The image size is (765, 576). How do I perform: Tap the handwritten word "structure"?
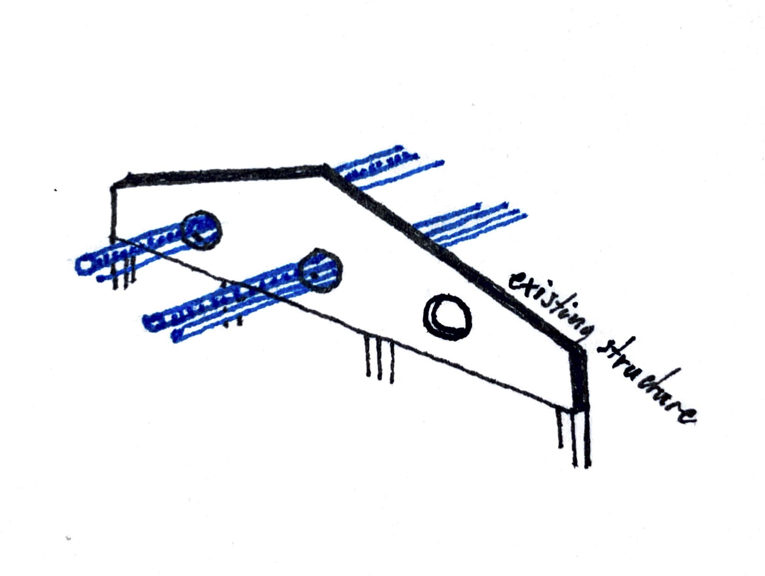(x=647, y=383)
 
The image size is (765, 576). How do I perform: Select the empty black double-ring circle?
(x=447, y=317)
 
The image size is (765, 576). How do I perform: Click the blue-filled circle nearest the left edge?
(x=201, y=230)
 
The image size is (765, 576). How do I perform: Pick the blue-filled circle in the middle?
(x=320, y=271)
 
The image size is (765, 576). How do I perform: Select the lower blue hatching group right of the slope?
(x=471, y=224)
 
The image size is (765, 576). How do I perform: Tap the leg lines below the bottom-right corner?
(x=575, y=438)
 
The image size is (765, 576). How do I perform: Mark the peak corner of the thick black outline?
(x=326, y=167)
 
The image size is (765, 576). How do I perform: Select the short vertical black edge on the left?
(x=113, y=212)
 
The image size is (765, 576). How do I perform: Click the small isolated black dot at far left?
(x=56, y=190)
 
